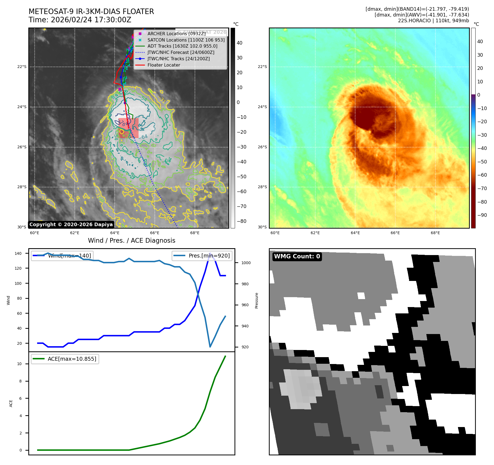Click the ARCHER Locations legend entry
pyautogui.click(x=176, y=34)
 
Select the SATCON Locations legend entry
pyautogui.click(x=186, y=40)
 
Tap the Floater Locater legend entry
pyautogui.click(x=164, y=65)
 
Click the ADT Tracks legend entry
pyautogui.click(x=182, y=46)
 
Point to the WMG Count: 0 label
pyautogui.click(x=297, y=256)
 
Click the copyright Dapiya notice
pyautogui.click(x=71, y=225)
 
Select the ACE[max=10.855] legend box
pyautogui.click(x=65, y=359)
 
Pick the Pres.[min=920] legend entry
pyautogui.click(x=202, y=256)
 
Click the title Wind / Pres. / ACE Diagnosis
pyautogui.click(x=131, y=240)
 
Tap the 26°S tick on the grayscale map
pyautogui.click(x=22, y=147)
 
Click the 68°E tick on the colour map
pyautogui.click(x=435, y=233)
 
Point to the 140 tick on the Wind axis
pyautogui.click(x=18, y=253)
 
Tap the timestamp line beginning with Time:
pyautogui.click(x=80, y=20)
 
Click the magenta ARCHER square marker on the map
pyautogui.click(x=120, y=89)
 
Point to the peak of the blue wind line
pyautogui.click(x=210, y=253)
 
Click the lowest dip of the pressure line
pyautogui.click(x=210, y=347)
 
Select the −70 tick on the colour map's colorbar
pyautogui.click(x=482, y=188)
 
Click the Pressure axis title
pyautogui.click(x=257, y=300)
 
